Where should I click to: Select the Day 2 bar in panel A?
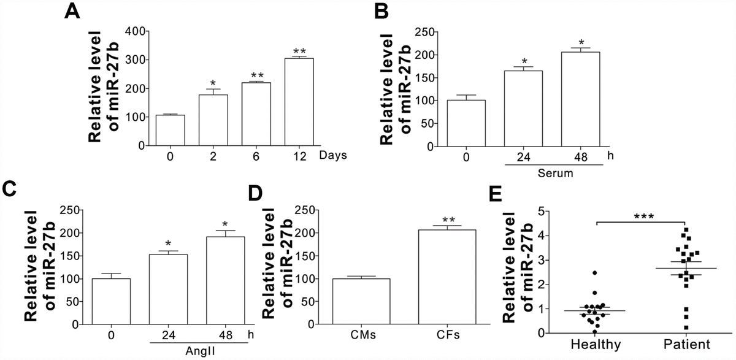click(x=213, y=120)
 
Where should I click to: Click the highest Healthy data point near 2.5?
click(x=594, y=272)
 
